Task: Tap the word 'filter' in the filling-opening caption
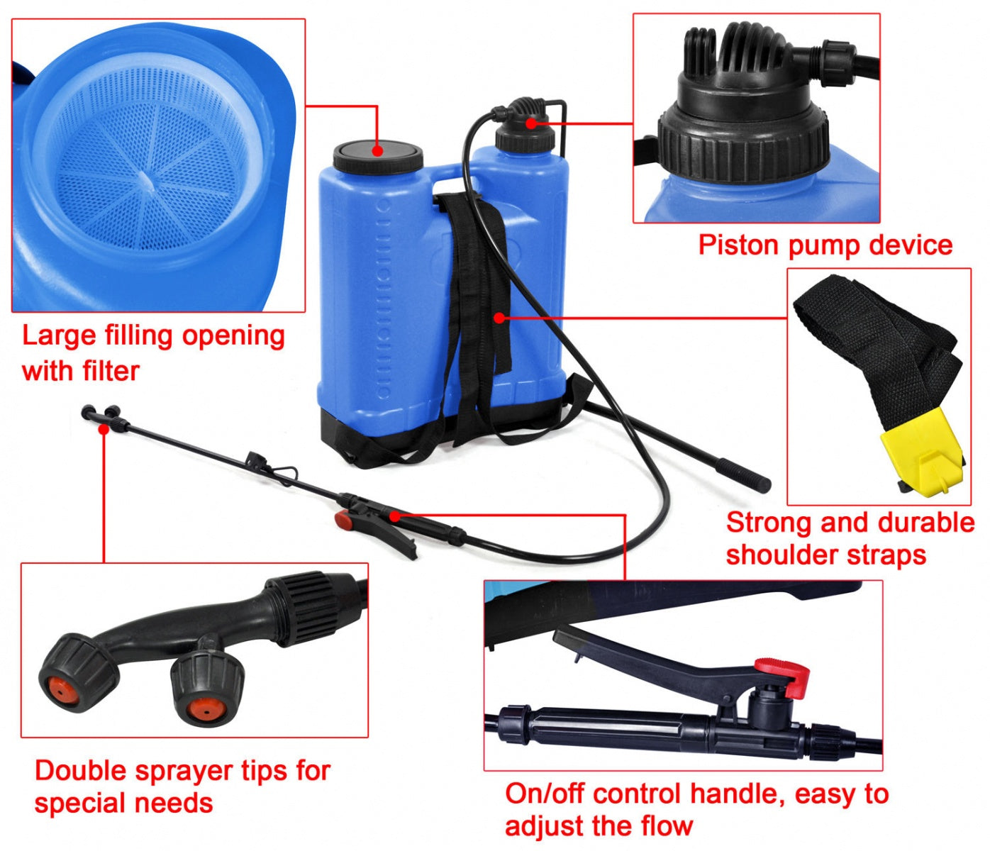(x=111, y=371)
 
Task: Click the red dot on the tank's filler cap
(x=377, y=151)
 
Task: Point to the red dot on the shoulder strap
(x=499, y=318)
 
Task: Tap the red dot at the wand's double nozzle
(x=104, y=429)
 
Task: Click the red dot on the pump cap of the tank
(x=530, y=123)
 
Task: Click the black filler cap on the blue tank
(x=378, y=156)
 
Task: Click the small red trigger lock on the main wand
(x=343, y=520)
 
